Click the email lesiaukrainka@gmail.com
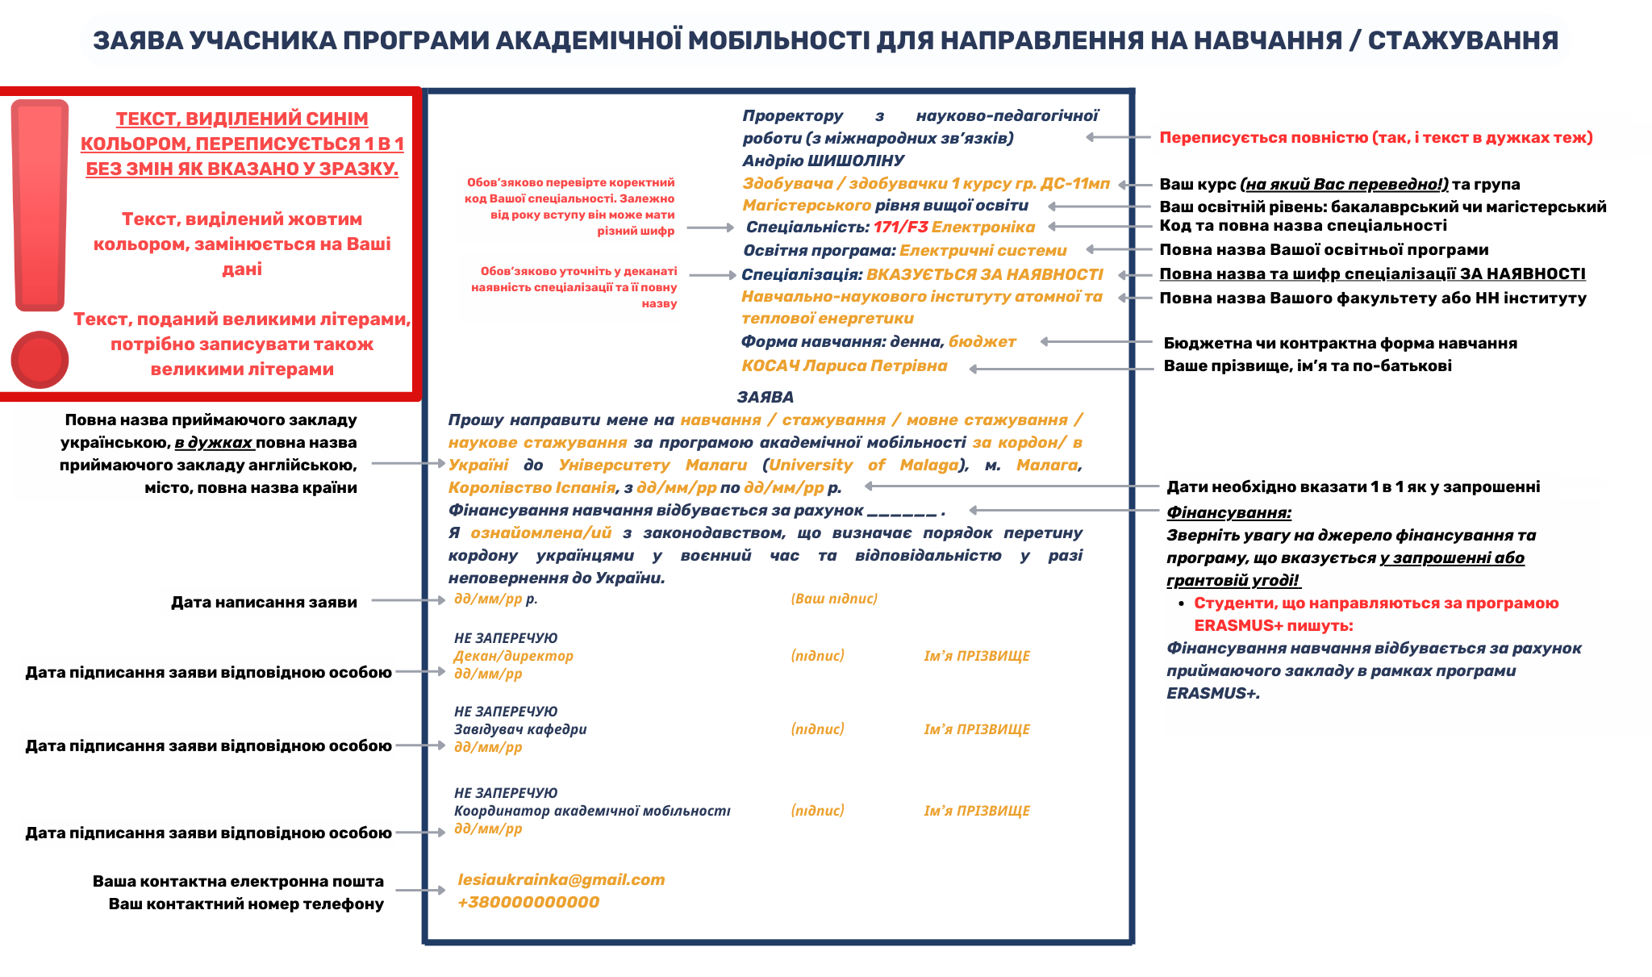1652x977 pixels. point(561,880)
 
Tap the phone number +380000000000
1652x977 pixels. point(528,903)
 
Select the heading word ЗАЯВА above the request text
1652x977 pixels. point(765,397)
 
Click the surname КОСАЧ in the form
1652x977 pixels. point(770,366)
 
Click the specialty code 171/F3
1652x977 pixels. point(900,228)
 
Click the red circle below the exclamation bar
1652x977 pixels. point(40,359)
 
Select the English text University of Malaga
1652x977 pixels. point(863,466)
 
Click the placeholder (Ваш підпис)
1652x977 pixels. point(834,599)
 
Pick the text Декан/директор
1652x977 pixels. point(513,656)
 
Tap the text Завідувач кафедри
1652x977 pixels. point(520,729)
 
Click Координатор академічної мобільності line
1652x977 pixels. point(592,811)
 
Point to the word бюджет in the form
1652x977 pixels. point(982,342)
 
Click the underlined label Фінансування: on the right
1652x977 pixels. point(1229,512)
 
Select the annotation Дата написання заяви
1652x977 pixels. point(264,602)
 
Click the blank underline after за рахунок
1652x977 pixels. point(902,511)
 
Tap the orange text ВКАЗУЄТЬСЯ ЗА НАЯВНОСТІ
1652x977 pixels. point(984,275)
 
